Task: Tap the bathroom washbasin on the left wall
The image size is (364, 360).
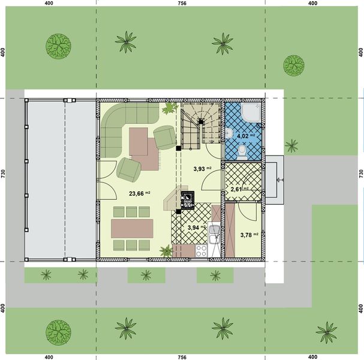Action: click(230, 134)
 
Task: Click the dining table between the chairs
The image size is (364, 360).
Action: click(132, 228)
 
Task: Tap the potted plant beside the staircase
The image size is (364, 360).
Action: click(170, 107)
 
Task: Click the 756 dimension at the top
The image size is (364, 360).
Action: click(182, 4)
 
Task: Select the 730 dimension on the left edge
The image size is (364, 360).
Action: click(4, 175)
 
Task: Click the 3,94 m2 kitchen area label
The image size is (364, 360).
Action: click(195, 228)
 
